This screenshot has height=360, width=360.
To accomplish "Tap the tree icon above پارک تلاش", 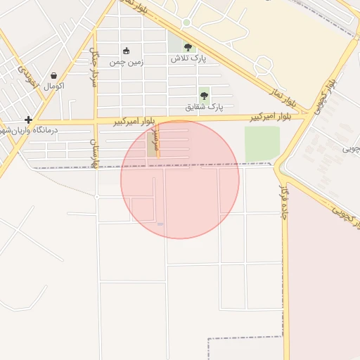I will pyautogui.click(x=188, y=48).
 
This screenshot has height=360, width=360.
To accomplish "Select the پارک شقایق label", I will pyautogui.click(x=204, y=107).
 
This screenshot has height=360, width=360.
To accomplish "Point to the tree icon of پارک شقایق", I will pyautogui.click(x=204, y=96).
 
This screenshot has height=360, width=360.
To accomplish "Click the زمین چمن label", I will pyautogui.click(x=127, y=62).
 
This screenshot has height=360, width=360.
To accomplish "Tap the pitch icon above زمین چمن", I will pyautogui.click(x=126, y=51).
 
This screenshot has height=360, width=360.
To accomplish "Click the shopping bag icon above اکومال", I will pyautogui.click(x=54, y=75).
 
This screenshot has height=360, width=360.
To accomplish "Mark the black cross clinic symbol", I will pyautogui.click(x=28, y=120).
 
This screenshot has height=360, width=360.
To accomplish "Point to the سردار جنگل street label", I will pyautogui.click(x=94, y=67).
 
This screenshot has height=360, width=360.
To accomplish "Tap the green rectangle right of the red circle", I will pyautogui.click(x=262, y=143).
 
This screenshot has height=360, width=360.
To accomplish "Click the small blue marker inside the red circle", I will pyautogui.click(x=160, y=224).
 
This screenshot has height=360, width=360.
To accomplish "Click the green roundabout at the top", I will pyautogui.click(x=186, y=22).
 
